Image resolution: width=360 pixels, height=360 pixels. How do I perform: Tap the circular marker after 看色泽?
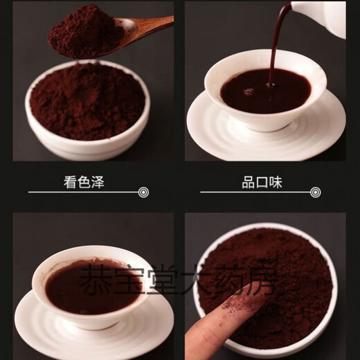click(x=143, y=192)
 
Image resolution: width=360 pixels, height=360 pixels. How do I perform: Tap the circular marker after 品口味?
click(x=316, y=192)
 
